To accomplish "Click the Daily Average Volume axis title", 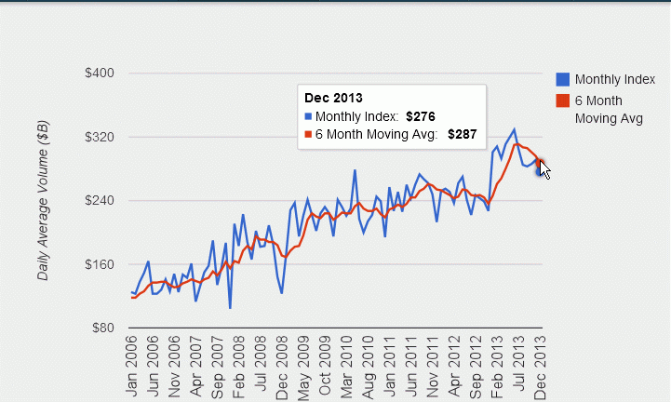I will [x=43, y=201].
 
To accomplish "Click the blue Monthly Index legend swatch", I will [x=562, y=79].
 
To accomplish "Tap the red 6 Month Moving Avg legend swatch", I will [x=562, y=100].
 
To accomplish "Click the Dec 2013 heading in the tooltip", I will [x=333, y=97].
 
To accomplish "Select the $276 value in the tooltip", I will [x=422, y=116].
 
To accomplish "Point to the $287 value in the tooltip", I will [x=463, y=134].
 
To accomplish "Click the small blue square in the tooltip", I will [x=309, y=116].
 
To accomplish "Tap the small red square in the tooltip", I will [x=309, y=134].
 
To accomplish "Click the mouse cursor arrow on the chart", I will [x=544, y=168].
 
